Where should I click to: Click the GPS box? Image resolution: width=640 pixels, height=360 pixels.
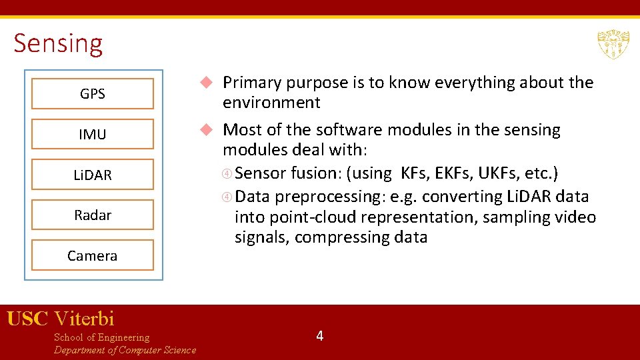[x=93, y=94]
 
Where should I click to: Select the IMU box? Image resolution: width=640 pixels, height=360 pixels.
[x=93, y=134]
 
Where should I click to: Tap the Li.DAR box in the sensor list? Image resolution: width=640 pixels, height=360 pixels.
[x=93, y=175]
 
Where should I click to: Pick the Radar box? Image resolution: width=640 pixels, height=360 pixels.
[x=93, y=215]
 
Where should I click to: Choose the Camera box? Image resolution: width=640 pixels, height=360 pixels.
[x=93, y=255]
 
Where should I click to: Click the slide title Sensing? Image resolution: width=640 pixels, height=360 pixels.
[x=58, y=43]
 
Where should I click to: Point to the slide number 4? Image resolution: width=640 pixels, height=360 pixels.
[x=320, y=336]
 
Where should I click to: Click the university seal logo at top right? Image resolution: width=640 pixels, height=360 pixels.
[x=613, y=44]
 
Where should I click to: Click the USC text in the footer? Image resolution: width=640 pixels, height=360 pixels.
[x=27, y=319]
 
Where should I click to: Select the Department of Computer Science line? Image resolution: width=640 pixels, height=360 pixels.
[x=125, y=350]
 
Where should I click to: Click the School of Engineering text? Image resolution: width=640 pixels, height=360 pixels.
[x=101, y=337]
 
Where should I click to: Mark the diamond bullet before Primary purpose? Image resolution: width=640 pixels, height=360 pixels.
[x=207, y=83]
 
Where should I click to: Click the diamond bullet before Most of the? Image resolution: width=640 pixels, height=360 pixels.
[x=207, y=129]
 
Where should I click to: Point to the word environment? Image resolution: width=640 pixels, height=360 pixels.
[x=271, y=103]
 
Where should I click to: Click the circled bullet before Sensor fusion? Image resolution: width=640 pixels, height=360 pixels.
[x=227, y=174]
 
